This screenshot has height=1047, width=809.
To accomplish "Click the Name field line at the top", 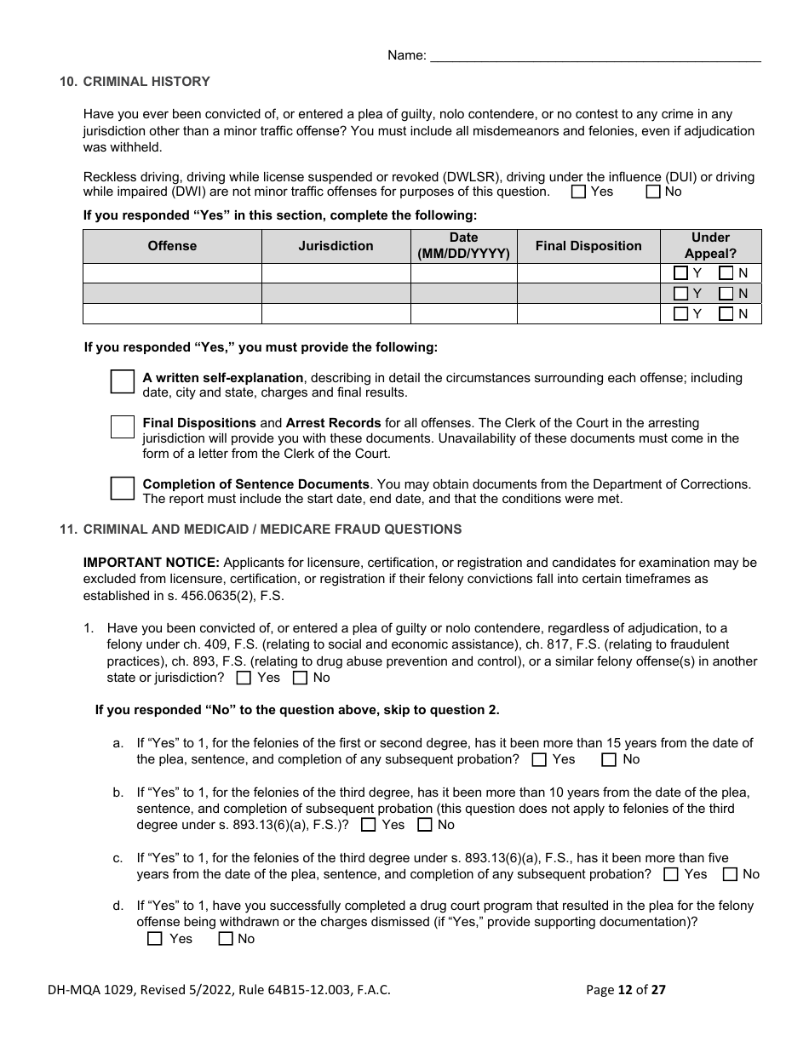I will point(595,55).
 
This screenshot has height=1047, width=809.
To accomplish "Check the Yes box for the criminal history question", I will point(579,192).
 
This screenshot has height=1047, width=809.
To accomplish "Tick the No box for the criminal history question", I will point(653,192).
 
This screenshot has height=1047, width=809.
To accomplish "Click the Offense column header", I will point(172,246).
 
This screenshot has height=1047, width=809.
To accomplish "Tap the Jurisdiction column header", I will point(336,246).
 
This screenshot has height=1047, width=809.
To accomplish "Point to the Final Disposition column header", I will point(588,246).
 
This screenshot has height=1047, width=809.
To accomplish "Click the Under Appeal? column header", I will point(710,246).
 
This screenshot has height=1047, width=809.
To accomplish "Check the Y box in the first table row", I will point(680,273).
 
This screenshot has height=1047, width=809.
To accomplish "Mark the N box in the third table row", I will point(726,314).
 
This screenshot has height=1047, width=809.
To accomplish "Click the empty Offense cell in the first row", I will point(172,273).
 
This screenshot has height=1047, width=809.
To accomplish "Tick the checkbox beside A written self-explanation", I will point(123,381).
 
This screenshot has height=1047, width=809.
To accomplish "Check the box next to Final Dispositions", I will point(123,426).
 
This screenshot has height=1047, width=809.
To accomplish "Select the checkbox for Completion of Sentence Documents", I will point(123,488).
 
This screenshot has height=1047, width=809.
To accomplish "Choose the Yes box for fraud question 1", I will point(244,678).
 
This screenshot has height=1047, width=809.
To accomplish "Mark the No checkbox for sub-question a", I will point(609,759).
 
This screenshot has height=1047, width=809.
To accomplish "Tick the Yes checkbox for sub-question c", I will point(671,874).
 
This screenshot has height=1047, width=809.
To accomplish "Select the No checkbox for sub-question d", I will point(226,939).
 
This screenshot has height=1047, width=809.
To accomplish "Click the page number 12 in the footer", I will point(625,989).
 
